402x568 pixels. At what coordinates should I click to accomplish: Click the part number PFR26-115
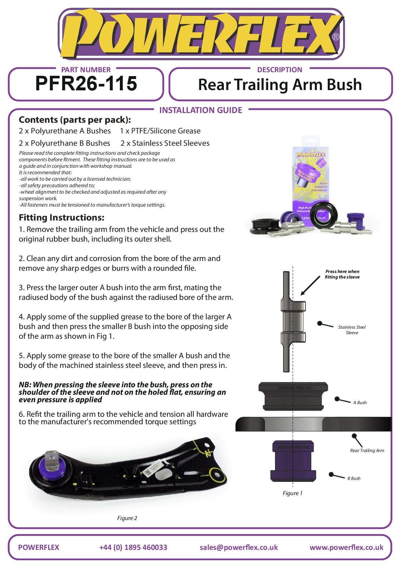(x=86, y=84)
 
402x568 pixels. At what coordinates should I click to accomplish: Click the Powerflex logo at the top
(x=201, y=34)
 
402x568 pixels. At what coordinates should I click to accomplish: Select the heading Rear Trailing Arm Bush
(x=280, y=85)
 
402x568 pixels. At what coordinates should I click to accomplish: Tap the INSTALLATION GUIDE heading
(x=201, y=110)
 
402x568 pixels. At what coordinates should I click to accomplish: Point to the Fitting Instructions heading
(x=62, y=218)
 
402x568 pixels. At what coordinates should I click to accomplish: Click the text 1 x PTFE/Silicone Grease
(x=160, y=131)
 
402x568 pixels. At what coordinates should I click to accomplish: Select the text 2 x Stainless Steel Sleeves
(x=165, y=143)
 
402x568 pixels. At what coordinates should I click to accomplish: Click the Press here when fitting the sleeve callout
(x=342, y=274)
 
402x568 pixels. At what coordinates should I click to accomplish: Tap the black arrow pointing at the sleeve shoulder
(x=310, y=286)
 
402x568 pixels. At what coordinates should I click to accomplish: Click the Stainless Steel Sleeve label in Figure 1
(x=352, y=330)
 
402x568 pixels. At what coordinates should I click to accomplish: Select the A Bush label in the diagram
(x=360, y=403)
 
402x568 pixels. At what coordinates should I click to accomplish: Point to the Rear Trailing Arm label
(x=367, y=450)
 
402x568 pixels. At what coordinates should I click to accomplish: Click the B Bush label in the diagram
(x=354, y=478)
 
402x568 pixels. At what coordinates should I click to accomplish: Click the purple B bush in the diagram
(x=293, y=460)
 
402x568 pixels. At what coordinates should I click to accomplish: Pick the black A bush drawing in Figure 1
(x=293, y=396)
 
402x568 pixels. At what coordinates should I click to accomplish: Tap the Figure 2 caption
(x=127, y=518)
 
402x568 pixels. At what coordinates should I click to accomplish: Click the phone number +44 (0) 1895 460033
(x=133, y=547)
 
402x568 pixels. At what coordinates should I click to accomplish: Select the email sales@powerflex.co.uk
(x=239, y=547)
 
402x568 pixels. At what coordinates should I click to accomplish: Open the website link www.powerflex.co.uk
(x=347, y=548)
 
